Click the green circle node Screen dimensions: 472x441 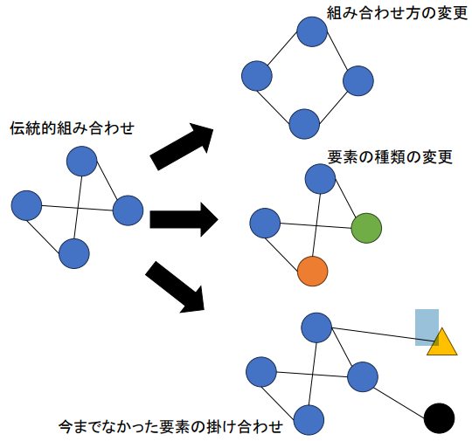[x=366, y=228]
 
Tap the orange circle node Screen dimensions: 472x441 [x=312, y=272]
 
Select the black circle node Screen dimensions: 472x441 [x=439, y=418]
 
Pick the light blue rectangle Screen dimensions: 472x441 [x=427, y=327]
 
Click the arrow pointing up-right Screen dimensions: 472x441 [x=182, y=147]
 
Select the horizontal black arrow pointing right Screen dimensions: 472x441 [x=184, y=219]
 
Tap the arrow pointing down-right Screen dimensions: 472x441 [x=175, y=287]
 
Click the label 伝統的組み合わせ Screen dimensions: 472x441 [x=72, y=128]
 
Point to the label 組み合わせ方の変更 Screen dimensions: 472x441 [x=397, y=12]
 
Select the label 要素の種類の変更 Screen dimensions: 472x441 [x=390, y=156]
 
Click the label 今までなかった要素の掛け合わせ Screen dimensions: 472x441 [x=171, y=426]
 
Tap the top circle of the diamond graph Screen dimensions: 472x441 [x=312, y=31]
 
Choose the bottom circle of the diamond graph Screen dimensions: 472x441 [x=304, y=124]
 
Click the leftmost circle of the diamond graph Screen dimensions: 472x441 [x=257, y=76]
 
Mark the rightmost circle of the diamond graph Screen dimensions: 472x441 [x=358, y=81]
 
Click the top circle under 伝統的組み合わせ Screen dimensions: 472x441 [x=81, y=162]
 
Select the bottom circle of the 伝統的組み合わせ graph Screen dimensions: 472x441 [x=74, y=253]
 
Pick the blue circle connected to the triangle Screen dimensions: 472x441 [x=316, y=327]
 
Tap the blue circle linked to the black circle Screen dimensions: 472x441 [x=363, y=377]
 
